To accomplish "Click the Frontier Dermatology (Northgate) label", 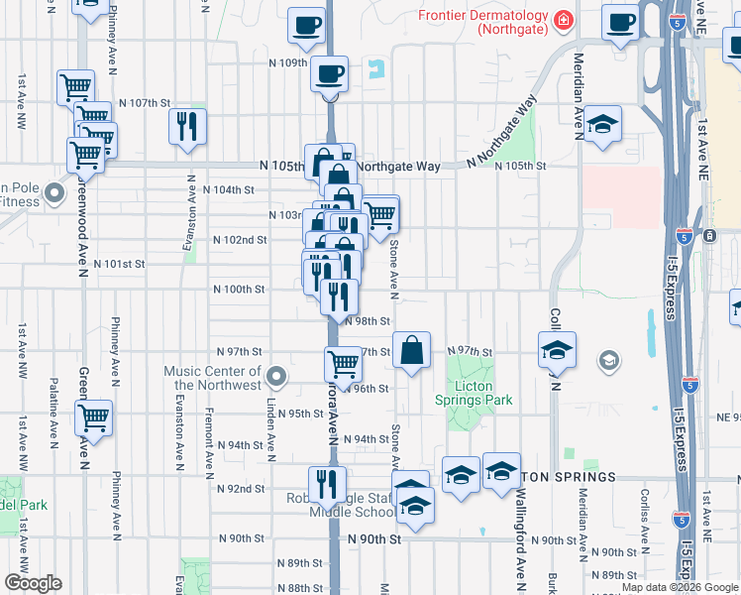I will pos(482,23).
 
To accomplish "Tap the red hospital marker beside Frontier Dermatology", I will pos(563,18).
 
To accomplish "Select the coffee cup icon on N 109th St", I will pos(329,72).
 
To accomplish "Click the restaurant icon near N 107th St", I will pos(186,126).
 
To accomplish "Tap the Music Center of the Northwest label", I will pos(213,378).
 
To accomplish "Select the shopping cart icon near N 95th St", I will pos(94,418).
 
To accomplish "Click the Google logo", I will pos(32,583).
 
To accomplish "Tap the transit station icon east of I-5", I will pos(709,235).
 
